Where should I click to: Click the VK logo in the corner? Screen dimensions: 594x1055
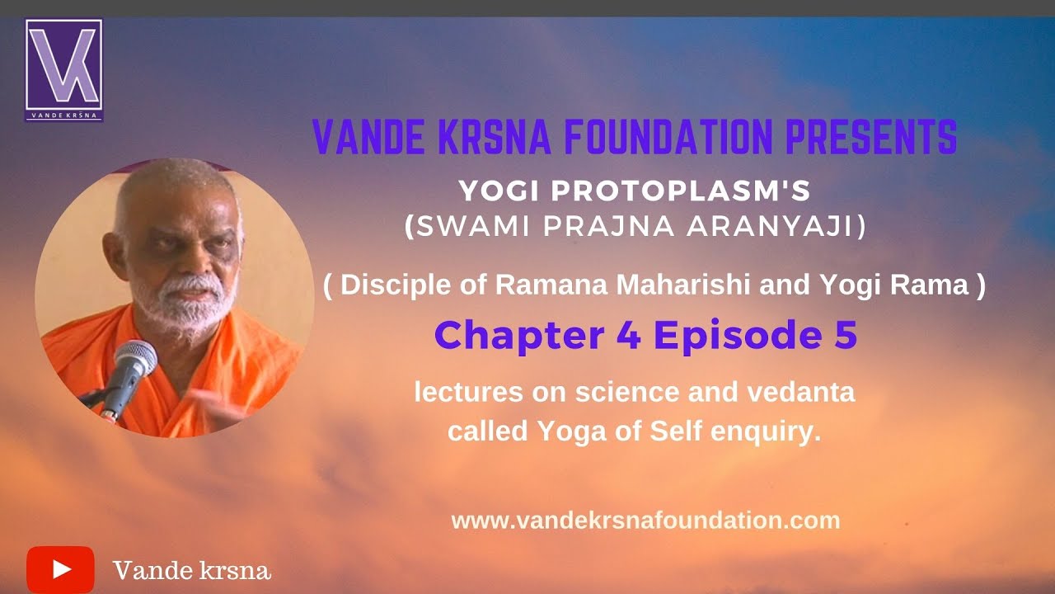click(64, 69)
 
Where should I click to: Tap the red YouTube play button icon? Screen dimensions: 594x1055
click(60, 569)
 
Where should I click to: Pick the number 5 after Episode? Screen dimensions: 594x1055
click(842, 336)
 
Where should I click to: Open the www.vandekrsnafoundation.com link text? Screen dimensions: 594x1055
click(645, 521)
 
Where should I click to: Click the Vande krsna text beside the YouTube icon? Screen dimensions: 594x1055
click(191, 570)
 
